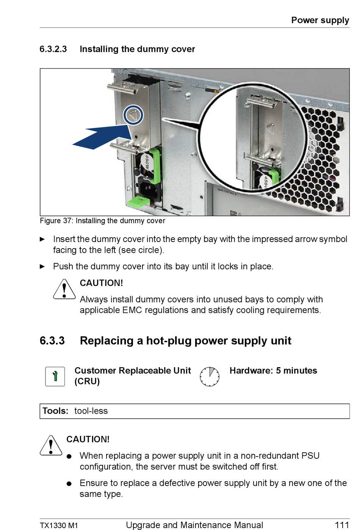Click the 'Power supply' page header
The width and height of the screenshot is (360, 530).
pos(320,20)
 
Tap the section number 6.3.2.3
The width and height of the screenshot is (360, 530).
pos(53,49)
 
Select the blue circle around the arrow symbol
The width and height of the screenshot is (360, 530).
pos(133,115)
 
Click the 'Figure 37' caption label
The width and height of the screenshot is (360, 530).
pos(56,221)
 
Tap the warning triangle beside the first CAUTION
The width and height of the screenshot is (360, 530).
pos(64,290)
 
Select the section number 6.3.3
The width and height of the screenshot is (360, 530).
pos(52,341)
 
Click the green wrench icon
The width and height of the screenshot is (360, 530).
pos(55,376)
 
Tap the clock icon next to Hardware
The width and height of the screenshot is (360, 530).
pos(210,376)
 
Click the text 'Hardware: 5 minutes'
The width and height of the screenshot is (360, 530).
pos(273,371)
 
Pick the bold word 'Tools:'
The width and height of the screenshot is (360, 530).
pos(55,411)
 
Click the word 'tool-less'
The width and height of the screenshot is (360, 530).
pos(91,411)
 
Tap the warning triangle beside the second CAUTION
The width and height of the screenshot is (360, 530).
pos(51,446)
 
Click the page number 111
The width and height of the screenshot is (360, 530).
pos(341,525)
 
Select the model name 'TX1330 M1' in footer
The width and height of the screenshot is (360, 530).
pos(59,525)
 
